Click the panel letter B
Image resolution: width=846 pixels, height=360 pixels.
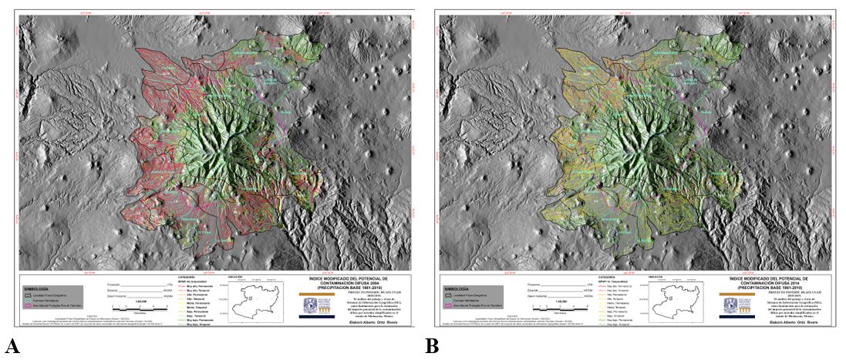(432, 347)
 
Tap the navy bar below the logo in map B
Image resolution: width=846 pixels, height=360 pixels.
(733, 317)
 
